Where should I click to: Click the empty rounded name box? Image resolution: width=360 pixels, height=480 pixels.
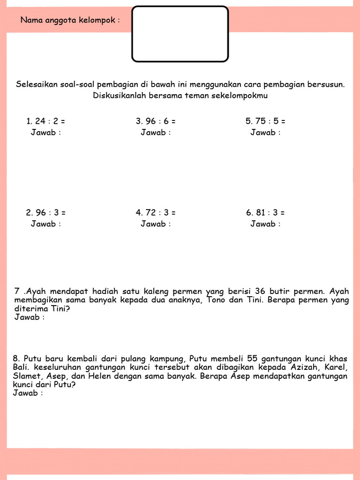click(180, 34)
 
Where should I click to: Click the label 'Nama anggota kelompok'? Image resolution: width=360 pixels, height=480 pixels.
click(70, 20)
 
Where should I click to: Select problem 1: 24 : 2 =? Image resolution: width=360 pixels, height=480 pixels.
click(45, 121)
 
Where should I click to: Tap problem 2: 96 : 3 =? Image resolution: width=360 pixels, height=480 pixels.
click(45, 212)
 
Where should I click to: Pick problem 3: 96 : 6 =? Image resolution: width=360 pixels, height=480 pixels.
click(156, 121)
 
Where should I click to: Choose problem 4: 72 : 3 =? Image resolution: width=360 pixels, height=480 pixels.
click(156, 212)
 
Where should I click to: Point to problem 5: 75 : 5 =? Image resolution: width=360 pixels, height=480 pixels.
click(265, 121)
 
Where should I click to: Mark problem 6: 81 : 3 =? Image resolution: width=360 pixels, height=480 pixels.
click(265, 212)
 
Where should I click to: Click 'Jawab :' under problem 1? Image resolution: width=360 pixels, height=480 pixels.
click(46, 132)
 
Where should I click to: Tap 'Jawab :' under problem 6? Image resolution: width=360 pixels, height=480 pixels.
click(265, 224)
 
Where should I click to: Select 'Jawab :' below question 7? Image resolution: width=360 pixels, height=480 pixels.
click(30, 317)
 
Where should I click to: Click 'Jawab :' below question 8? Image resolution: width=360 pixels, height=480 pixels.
click(28, 393)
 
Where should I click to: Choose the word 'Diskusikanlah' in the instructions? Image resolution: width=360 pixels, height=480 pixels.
click(116, 96)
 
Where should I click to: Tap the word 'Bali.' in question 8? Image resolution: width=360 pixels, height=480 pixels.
click(21, 367)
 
